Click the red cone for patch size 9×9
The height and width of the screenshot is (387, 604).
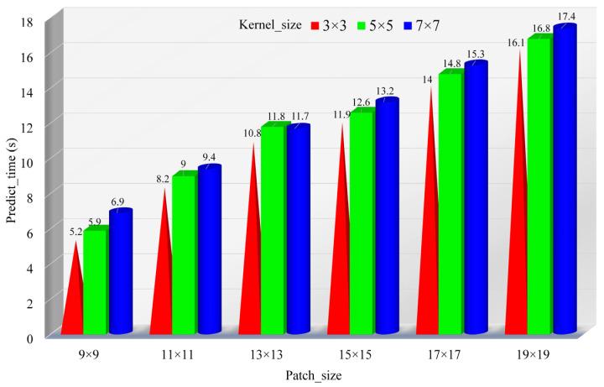pyautogui.click(x=74, y=294)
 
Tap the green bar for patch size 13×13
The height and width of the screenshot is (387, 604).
pyautogui.click(x=273, y=231)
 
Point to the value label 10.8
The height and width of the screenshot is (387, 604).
pyautogui.click(x=251, y=133)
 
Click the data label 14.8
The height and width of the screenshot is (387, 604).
pyautogui.click(x=450, y=64)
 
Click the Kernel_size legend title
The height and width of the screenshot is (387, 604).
pyautogui.click(x=271, y=25)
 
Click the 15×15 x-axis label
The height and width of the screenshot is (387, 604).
pyautogui.click(x=363, y=353)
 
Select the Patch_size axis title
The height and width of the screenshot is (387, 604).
pyautogui.click(x=314, y=376)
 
